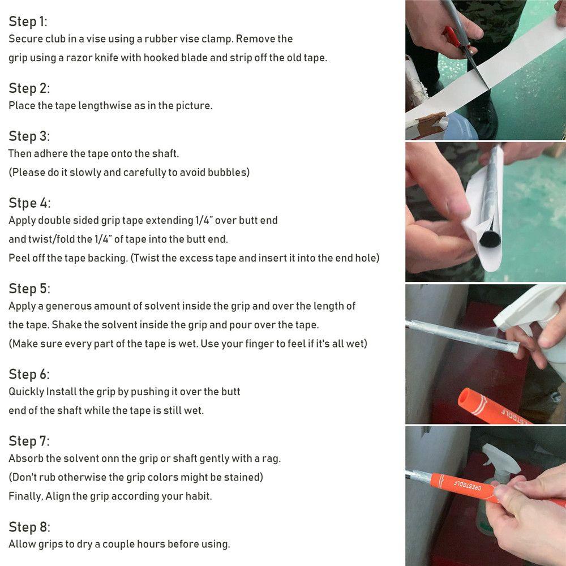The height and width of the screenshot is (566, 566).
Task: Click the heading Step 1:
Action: coord(28,22)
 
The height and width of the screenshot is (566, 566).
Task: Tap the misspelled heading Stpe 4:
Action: coord(29,203)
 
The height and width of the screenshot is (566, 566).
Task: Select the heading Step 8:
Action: coord(29,527)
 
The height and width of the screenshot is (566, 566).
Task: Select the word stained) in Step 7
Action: coord(243,477)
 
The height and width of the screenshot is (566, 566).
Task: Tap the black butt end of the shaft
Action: coord(490,239)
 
